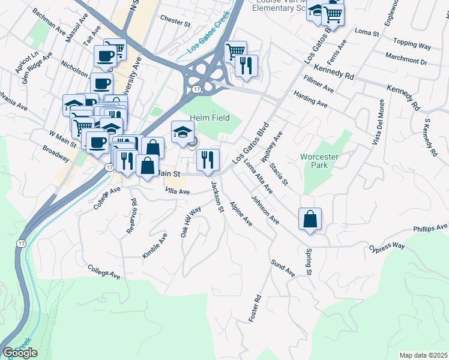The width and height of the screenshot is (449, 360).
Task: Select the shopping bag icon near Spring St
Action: pyautogui.click(x=310, y=219)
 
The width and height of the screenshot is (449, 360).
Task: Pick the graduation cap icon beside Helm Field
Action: pyautogui.click(x=182, y=133)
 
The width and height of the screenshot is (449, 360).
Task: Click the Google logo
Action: pyautogui.click(x=20, y=353)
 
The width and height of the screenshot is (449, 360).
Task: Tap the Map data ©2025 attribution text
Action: pyautogui.click(x=424, y=355)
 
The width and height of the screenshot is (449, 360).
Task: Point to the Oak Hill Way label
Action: pyautogui.click(x=191, y=223)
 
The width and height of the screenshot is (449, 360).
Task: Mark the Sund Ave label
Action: pyautogui.click(x=283, y=268)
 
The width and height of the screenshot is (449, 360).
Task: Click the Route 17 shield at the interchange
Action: pyautogui.click(x=197, y=89)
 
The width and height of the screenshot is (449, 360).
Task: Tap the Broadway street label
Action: pyautogui.click(x=56, y=154)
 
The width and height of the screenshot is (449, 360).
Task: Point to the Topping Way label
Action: pyautogui.click(x=412, y=43)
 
